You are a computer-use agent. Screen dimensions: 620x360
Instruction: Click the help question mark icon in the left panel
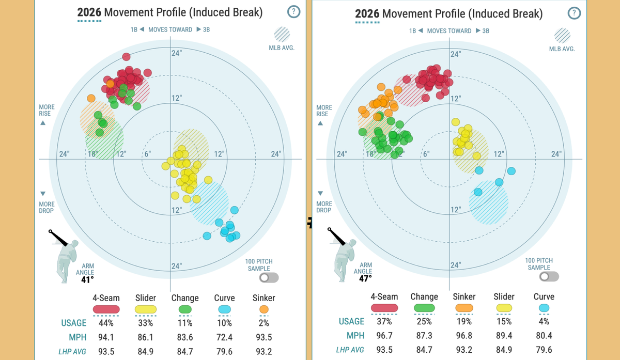pos(293,12)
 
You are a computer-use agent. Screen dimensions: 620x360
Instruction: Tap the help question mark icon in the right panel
pos(575,13)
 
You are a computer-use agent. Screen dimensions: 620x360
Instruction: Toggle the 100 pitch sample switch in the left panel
pos(269,277)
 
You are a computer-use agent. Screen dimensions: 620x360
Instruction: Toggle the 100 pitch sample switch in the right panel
pos(549,276)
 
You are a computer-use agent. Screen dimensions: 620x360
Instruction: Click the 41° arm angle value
pos(87,280)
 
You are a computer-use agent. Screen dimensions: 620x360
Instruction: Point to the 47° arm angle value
pos(365,278)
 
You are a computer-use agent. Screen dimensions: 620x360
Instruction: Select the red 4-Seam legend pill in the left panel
pos(106,309)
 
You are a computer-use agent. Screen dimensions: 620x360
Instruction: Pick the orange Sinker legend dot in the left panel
pos(264,309)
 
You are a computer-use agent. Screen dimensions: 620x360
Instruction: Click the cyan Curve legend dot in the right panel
pos(544,308)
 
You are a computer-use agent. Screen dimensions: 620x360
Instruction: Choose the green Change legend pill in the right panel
pos(424,308)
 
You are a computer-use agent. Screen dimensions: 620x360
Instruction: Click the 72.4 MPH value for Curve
pos(224,337)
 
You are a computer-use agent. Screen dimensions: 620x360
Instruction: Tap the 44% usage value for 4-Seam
pos(106,323)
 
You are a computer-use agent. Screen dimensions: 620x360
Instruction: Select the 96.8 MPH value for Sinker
pos(464,336)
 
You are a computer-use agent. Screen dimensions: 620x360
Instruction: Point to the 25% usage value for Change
pos(424,321)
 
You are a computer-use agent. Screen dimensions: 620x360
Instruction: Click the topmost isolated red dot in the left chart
pos(126,57)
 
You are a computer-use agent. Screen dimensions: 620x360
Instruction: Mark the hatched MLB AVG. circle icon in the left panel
pos(282,35)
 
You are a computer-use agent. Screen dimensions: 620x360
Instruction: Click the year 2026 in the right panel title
pos(367,14)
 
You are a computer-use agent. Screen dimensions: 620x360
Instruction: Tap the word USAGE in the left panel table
pos(74,323)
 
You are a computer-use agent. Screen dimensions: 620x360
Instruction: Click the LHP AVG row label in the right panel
pos(350,350)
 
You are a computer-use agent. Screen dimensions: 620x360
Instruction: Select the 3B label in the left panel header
pos(207,29)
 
